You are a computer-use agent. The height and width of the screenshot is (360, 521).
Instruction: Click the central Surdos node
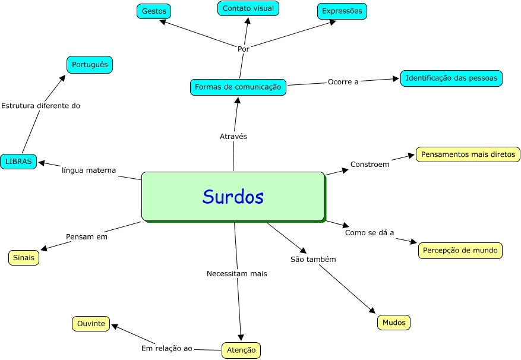(233, 197)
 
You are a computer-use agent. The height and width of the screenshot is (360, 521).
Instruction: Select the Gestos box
(154, 11)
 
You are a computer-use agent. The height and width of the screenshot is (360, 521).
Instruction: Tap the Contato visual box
(248, 8)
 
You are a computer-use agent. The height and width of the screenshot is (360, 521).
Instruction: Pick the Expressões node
(342, 11)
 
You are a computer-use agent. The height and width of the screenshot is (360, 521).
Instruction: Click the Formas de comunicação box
(238, 87)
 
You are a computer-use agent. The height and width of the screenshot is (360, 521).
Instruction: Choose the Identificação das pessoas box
(451, 78)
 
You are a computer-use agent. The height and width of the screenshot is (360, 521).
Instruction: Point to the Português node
(90, 64)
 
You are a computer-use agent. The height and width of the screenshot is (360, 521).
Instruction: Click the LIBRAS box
(19, 161)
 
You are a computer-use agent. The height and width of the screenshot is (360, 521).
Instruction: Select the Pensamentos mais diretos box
(468, 154)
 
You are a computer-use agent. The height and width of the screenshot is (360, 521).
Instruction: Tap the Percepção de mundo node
(460, 250)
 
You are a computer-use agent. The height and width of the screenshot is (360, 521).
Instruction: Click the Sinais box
(24, 258)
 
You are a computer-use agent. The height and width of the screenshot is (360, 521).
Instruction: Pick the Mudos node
(394, 323)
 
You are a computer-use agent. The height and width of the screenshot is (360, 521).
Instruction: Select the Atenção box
(241, 350)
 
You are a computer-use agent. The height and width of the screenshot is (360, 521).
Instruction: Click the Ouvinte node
(91, 324)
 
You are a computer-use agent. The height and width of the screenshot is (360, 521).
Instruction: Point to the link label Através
(233, 136)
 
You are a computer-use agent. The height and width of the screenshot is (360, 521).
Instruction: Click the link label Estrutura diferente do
(40, 106)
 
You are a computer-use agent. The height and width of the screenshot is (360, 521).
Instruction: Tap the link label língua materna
(89, 170)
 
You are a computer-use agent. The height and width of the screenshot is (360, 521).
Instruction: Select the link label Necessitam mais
(237, 274)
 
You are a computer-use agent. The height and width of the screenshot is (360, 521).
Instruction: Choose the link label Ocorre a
(343, 82)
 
